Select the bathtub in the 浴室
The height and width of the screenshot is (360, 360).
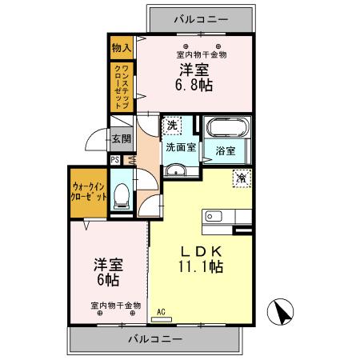click(226, 129)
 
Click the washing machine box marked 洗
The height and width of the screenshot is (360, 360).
click(172, 125)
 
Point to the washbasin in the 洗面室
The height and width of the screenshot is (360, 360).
click(176, 170)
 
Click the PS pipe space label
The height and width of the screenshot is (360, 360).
click(115, 159)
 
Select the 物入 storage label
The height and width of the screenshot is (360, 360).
click(122, 47)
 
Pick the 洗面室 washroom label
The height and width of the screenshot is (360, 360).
click(180, 147)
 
